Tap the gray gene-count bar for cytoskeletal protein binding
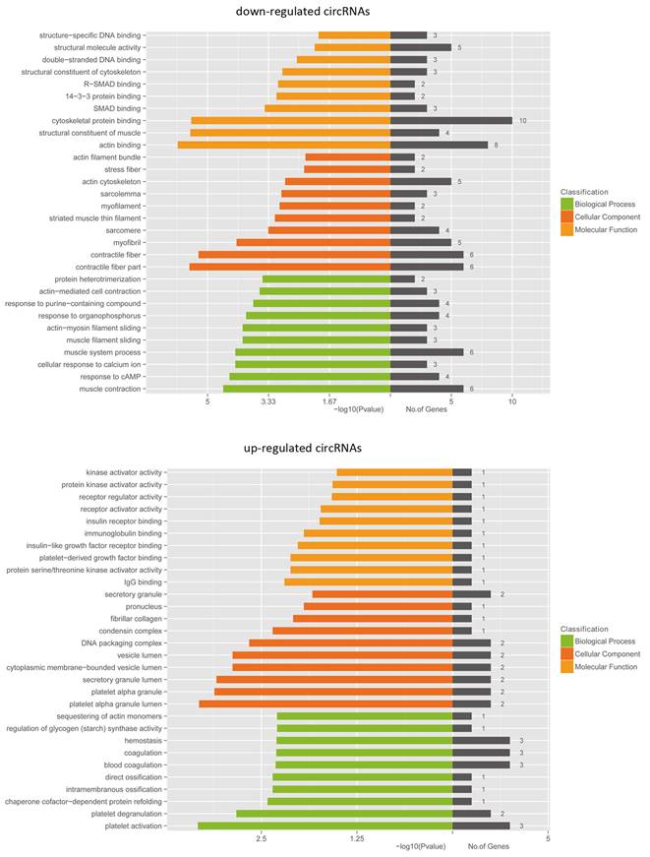(450, 120)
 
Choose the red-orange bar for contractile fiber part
(289, 267)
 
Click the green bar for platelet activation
(325, 826)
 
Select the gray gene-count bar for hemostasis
(481, 740)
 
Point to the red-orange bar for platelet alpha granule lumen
(325, 704)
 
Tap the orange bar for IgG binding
(368, 582)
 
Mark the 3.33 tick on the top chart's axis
(268, 401)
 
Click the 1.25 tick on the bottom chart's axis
(357, 838)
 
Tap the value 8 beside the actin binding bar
(497, 145)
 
